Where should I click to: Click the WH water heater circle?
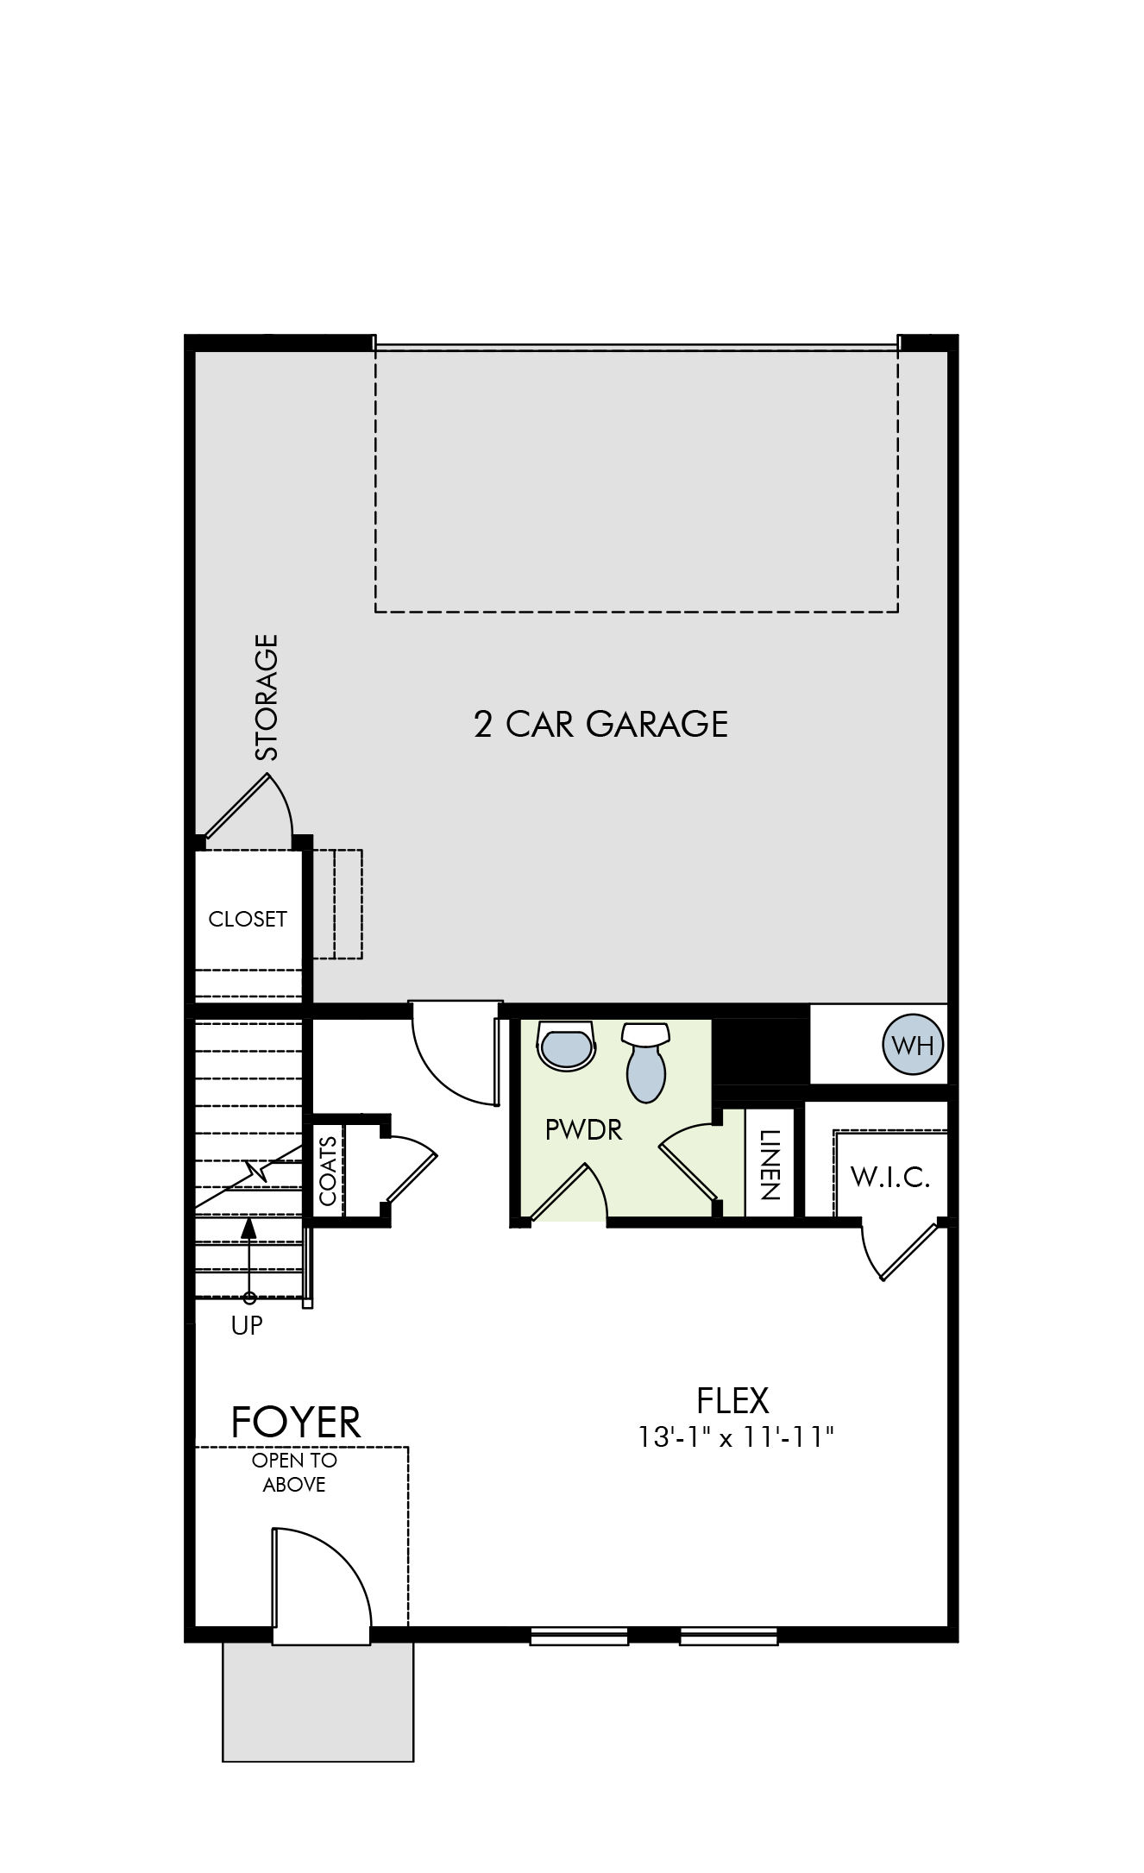pos(913,1045)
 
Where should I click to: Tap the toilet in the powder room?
pos(646,1062)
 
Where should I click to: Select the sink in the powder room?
pos(566,1045)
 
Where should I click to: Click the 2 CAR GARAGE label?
pos(600,724)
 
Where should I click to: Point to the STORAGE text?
pos(267,697)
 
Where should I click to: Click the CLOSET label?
pos(248,919)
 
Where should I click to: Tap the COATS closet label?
pos(328,1171)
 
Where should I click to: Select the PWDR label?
pos(584,1129)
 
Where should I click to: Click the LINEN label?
pos(770,1165)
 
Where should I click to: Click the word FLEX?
pos(732,1400)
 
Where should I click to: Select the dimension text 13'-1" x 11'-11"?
pos(736,1437)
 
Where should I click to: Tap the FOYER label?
pos(296,1423)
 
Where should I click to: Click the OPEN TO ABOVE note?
pos(294,1473)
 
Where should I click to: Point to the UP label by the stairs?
pos(247,1325)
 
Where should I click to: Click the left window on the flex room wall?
pos(579,1636)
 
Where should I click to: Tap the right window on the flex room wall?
pos(728,1636)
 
